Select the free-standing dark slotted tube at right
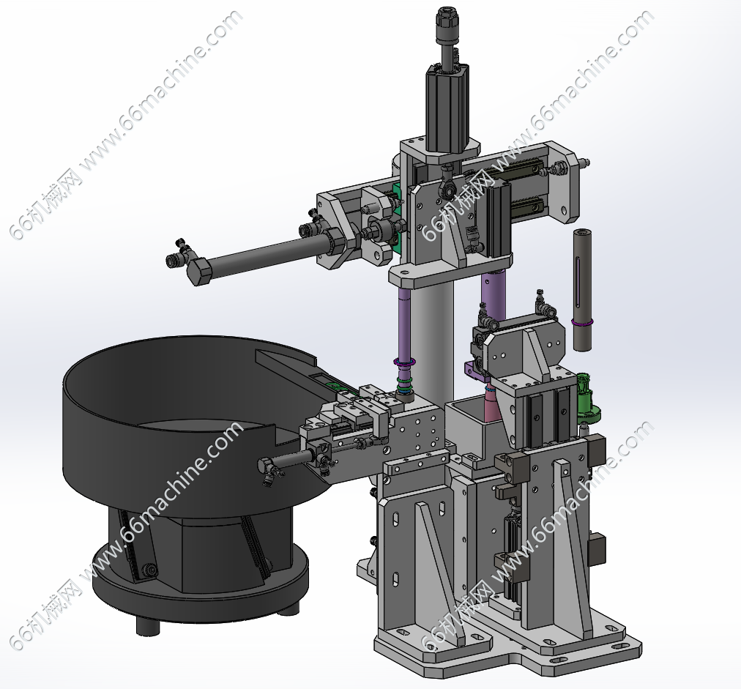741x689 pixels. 581,289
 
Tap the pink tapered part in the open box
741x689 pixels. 493,405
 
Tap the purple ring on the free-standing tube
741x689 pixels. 581,323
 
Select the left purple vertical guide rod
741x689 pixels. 404,324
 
